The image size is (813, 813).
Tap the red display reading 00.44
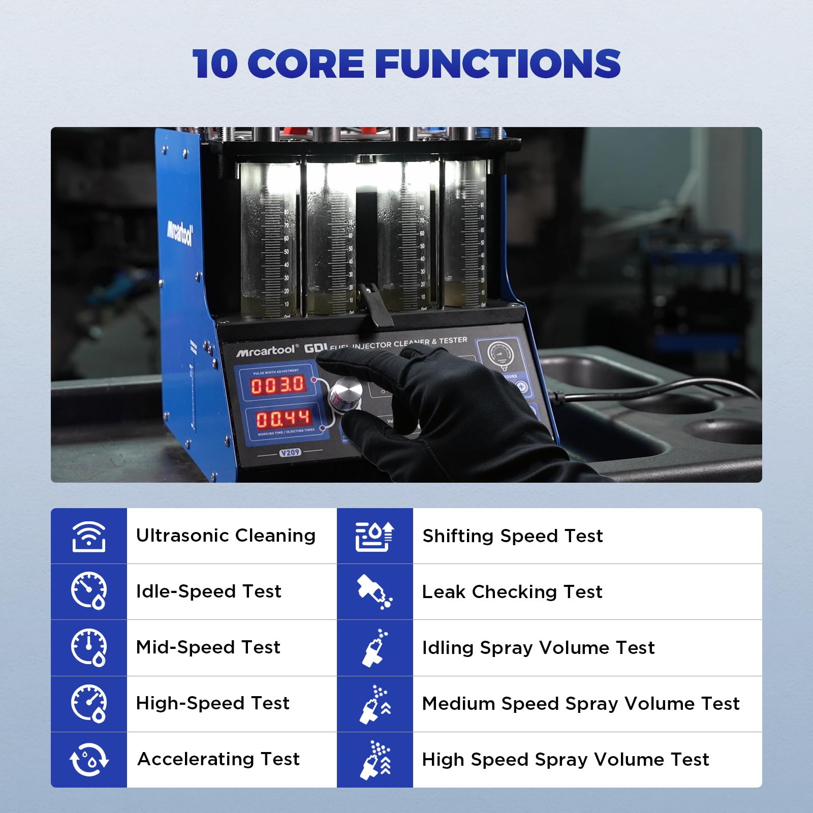(x=283, y=419)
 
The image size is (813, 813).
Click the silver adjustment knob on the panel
(x=346, y=393)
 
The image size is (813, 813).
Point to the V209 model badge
(x=290, y=452)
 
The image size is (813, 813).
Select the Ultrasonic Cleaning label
(x=226, y=536)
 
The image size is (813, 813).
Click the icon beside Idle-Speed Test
(x=88, y=591)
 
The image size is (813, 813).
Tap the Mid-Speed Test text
(x=208, y=647)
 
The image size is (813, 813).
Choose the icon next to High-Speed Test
(x=88, y=703)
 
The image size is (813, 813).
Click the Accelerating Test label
(x=218, y=759)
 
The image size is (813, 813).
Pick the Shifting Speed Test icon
(x=374, y=536)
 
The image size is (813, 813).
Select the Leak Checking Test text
(x=512, y=592)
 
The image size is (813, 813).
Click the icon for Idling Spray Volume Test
(x=374, y=648)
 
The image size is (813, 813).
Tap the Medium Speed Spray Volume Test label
(x=581, y=704)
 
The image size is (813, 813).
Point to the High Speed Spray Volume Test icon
(x=374, y=760)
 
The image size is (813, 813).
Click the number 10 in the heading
(x=214, y=64)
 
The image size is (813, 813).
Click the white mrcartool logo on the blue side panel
(x=180, y=234)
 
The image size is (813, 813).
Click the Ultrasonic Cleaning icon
(x=88, y=536)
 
